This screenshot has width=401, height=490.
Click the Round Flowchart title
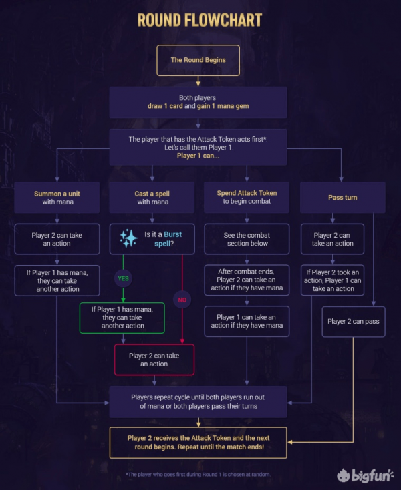[x=200, y=20]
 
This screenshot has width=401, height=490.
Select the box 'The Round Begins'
[x=198, y=60]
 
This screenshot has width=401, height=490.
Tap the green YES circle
[x=123, y=278]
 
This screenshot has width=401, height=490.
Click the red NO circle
[x=182, y=300]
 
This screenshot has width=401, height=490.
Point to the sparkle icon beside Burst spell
[x=128, y=238]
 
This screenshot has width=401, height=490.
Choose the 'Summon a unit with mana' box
[x=57, y=198]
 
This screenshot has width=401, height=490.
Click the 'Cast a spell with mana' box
[x=152, y=198]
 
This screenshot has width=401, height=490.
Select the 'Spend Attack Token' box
[x=247, y=198]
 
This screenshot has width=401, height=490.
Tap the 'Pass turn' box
[x=342, y=198]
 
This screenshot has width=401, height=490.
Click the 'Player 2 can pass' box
[x=354, y=322]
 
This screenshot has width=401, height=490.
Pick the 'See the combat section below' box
[x=247, y=239]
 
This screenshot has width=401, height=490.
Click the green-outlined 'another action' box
[x=122, y=318]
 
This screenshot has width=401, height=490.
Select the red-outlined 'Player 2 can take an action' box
[x=154, y=360]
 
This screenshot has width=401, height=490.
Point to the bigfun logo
[x=365, y=475]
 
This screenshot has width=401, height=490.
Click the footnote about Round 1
[x=198, y=475]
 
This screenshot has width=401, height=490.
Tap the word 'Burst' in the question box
[x=172, y=234]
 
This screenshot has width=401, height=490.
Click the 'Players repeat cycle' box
[x=198, y=402]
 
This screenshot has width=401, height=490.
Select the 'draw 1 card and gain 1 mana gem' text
[x=198, y=106]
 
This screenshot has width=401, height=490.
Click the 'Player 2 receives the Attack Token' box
[x=198, y=443]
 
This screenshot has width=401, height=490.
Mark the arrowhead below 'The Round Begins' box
[x=198, y=83]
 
